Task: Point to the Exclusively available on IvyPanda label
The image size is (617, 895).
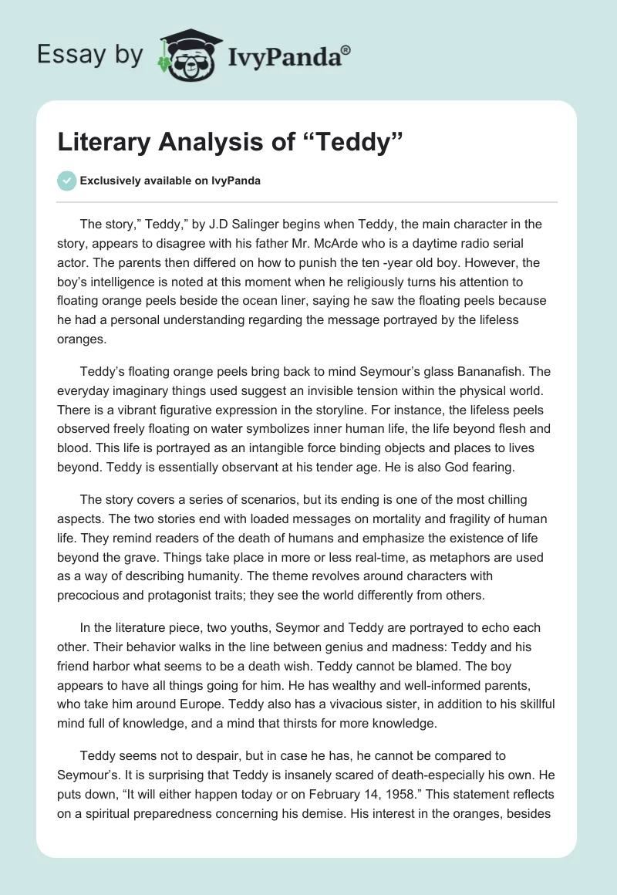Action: click(x=170, y=181)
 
